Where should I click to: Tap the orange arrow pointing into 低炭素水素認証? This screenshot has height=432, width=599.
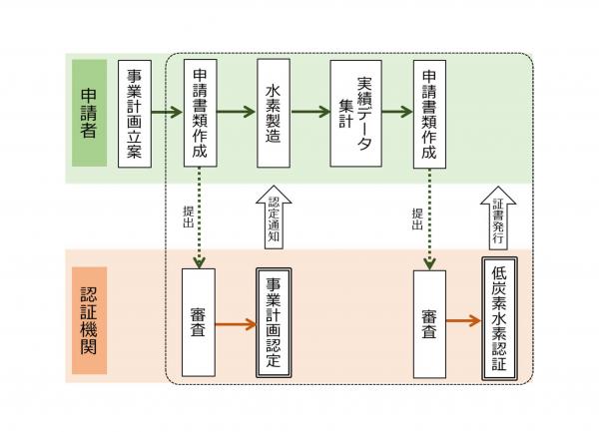click(x=464, y=321)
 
